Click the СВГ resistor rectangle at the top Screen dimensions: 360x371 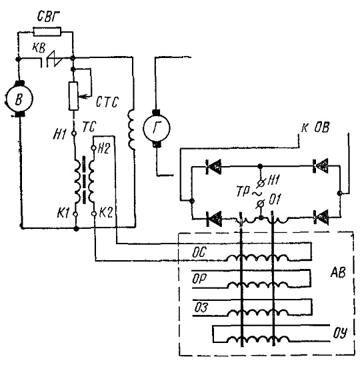[x=47, y=32]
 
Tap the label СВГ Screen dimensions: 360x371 [x=49, y=17]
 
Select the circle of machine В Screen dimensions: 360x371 [x=19, y=99]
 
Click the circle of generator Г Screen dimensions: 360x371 [x=157, y=127]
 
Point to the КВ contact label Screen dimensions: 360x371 [x=39, y=48]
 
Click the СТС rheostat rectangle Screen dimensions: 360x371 [x=73, y=96]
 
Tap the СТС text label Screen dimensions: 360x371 [x=107, y=102]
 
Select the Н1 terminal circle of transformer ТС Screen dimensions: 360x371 [x=74, y=133]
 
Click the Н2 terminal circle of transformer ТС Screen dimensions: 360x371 [x=93, y=148]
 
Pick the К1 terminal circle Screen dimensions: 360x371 [x=75, y=214]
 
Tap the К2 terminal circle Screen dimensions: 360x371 [x=94, y=214]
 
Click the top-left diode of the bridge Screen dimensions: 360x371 [x=213, y=167]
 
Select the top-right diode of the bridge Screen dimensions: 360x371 [x=321, y=166]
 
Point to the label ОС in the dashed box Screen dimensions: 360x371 [x=199, y=252]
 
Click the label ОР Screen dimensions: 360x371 [x=199, y=279]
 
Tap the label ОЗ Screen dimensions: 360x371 [x=201, y=308]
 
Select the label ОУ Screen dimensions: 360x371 [x=341, y=333]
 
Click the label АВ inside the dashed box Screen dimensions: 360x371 [x=338, y=272]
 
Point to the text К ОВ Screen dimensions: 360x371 [x=315, y=128]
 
